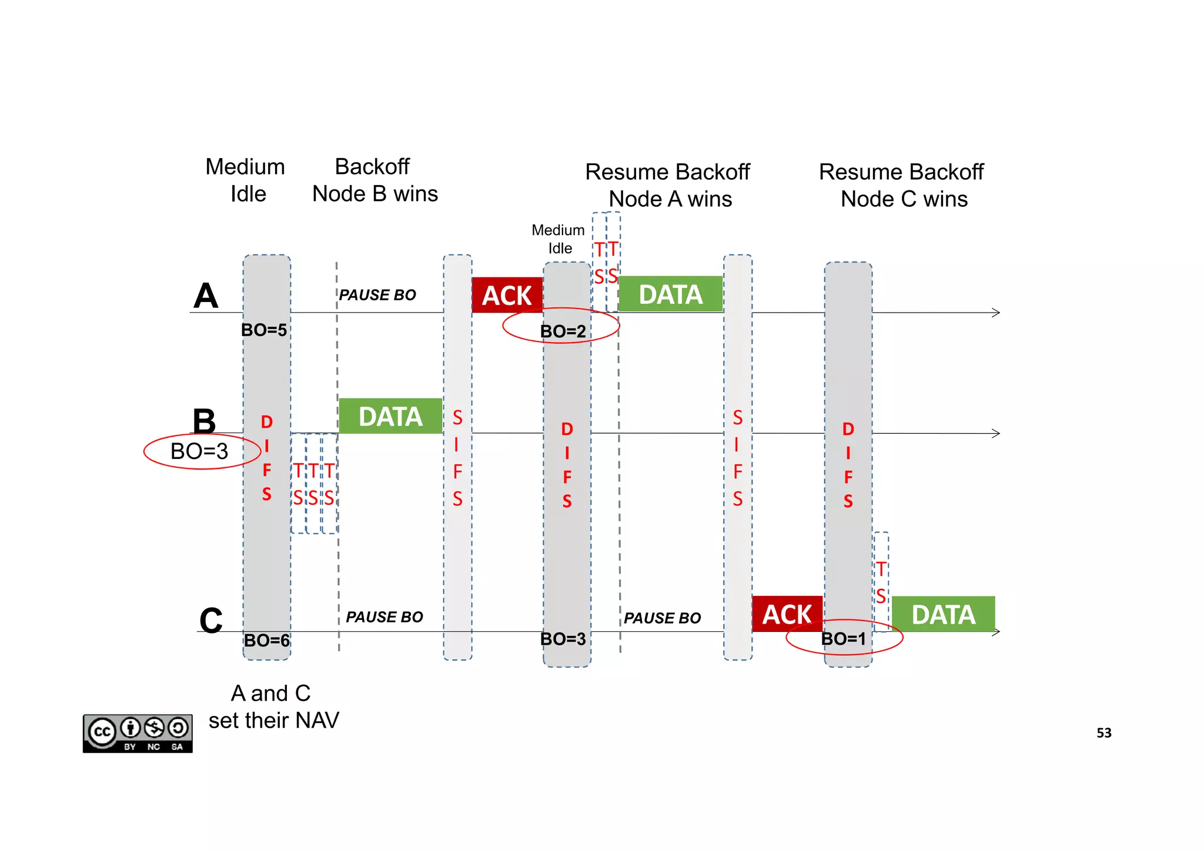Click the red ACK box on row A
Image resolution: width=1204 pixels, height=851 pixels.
pos(507,295)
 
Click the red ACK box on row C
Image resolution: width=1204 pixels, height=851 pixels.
pos(787,614)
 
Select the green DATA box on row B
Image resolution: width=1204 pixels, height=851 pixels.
pos(390,416)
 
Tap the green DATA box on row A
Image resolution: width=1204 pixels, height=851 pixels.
pos(670,294)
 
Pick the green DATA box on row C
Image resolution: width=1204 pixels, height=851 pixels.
pos(943,614)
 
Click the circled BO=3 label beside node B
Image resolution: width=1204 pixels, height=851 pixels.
pos(200,451)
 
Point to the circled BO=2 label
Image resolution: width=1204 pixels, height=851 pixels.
pos(563,331)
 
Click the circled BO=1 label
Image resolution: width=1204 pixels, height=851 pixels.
pos(844,638)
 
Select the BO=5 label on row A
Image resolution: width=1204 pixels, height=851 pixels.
pos(264,330)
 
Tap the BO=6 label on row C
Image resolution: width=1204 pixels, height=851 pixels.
pos(266,640)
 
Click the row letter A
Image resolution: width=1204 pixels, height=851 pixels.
pos(206,296)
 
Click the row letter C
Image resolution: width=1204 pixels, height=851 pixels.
pos(210,621)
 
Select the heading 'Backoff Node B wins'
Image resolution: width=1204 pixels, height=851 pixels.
pos(374,180)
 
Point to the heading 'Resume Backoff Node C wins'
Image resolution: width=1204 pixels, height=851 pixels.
pos(903,185)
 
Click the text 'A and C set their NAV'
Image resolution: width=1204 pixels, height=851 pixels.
pos(273,706)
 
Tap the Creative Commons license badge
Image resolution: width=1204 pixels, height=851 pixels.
pos(138,733)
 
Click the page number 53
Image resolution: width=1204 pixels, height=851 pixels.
pos(1103,733)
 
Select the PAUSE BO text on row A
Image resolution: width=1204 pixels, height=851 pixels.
pos(377,295)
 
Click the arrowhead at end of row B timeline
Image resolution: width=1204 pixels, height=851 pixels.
pos(995,433)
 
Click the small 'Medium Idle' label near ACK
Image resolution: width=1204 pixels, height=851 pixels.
pos(558,239)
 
